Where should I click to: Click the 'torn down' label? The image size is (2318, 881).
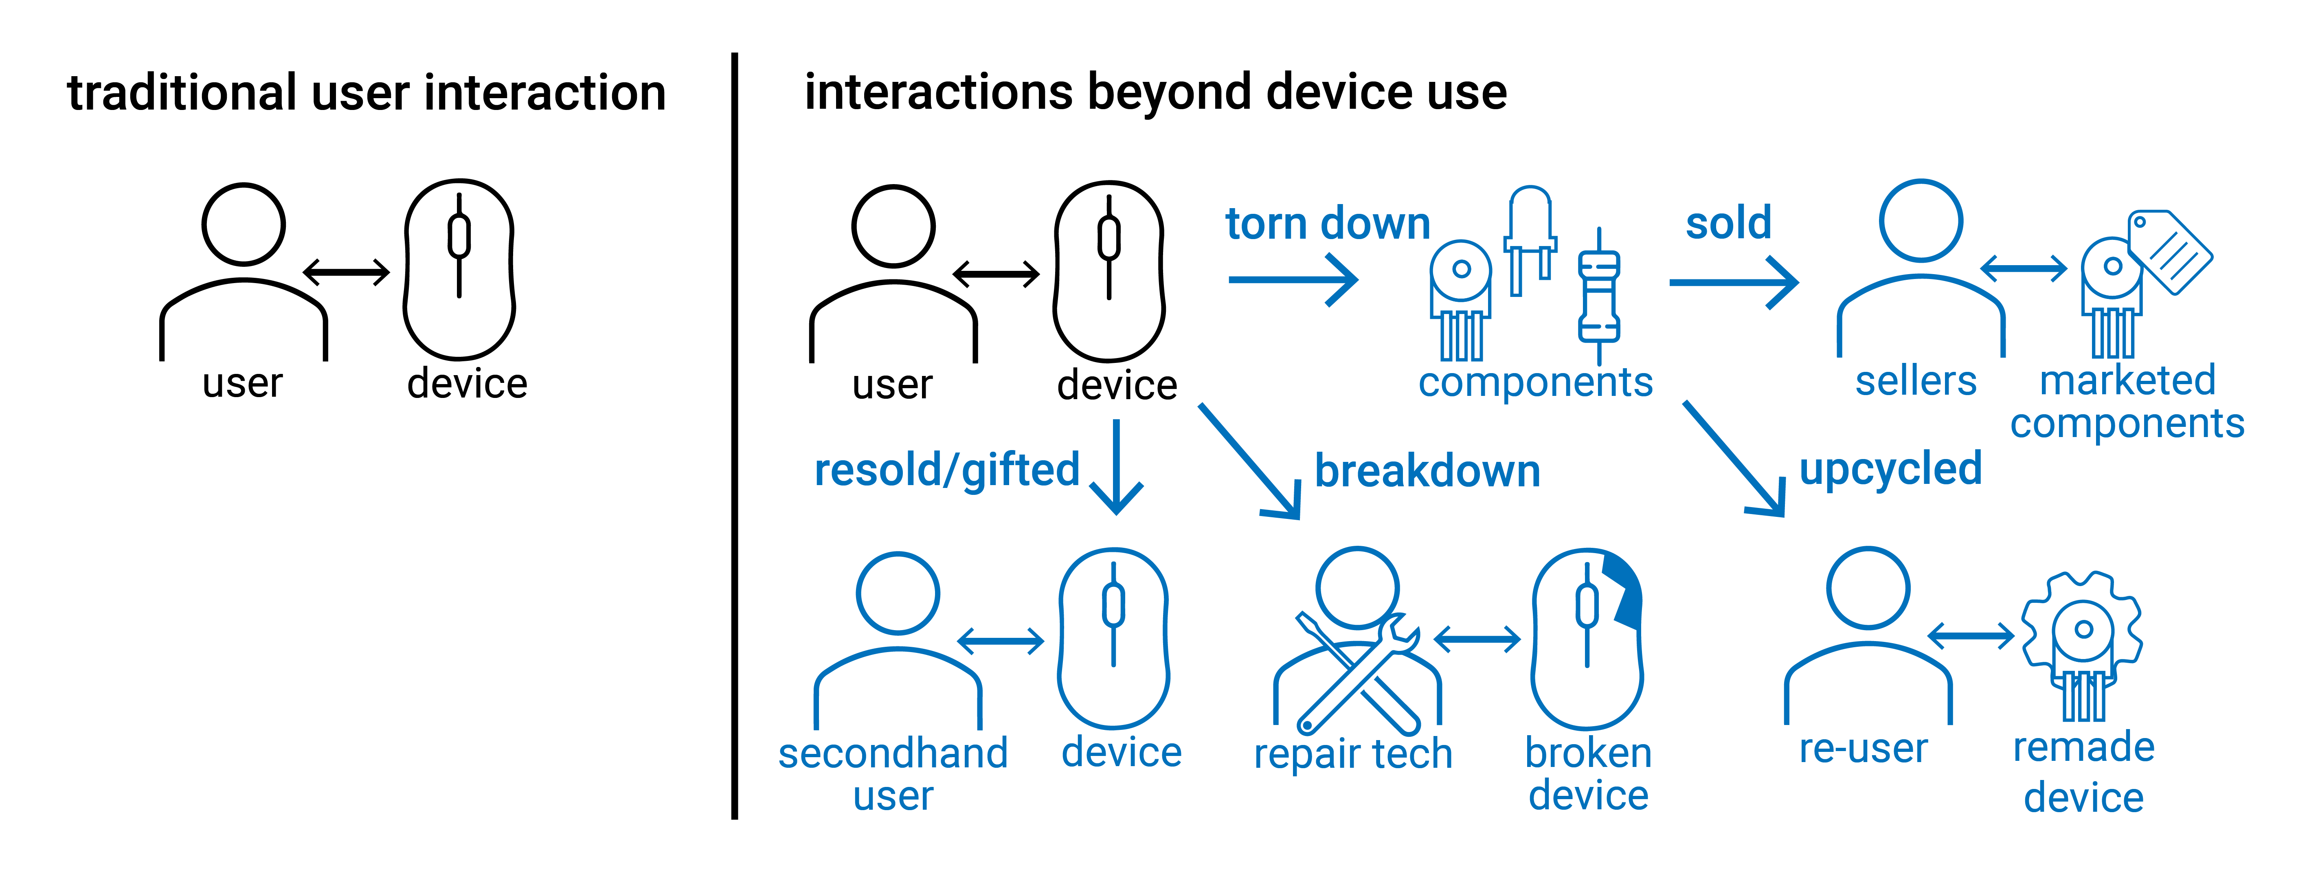point(1327,223)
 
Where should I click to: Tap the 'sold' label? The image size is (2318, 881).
point(1728,222)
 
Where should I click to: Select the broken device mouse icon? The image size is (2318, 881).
point(1587,639)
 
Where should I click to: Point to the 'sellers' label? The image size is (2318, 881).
point(1916,381)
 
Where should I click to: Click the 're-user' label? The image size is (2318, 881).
point(1863,749)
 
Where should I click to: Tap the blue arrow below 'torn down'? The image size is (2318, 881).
point(1293,280)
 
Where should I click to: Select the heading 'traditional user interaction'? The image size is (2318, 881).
point(366,94)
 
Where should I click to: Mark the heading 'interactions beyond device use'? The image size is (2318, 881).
point(1155,93)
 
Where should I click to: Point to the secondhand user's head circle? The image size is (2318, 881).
point(898,593)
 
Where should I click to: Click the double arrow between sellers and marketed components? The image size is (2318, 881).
point(2024,268)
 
